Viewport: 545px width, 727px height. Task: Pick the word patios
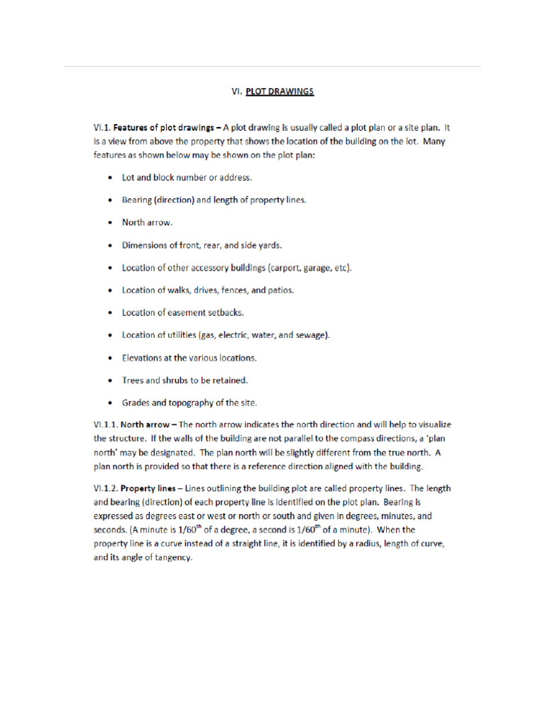click(280, 290)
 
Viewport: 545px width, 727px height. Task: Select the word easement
click(187, 312)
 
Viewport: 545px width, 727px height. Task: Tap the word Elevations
click(144, 358)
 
